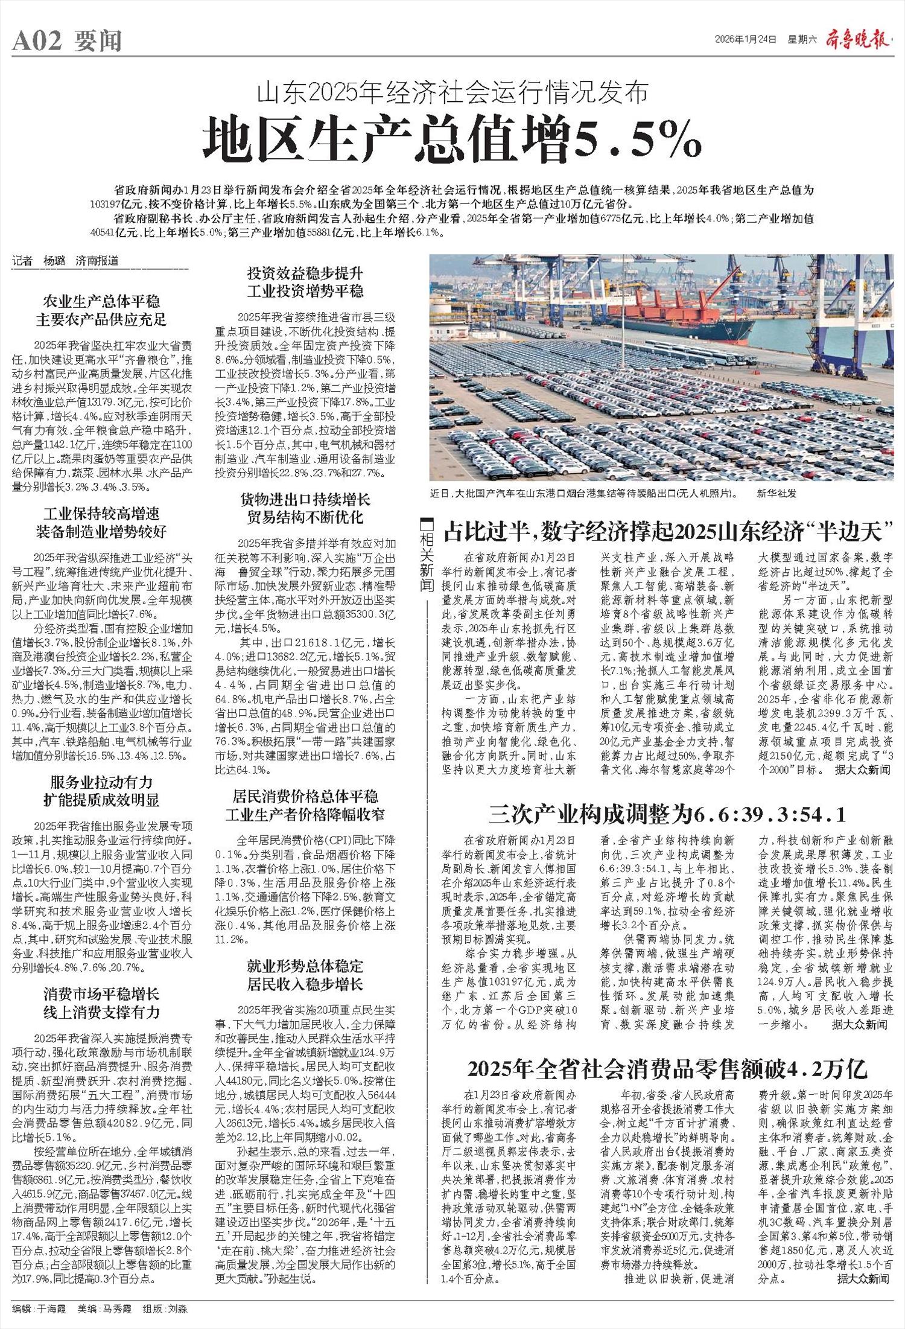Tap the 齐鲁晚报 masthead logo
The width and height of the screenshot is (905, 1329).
tap(858, 40)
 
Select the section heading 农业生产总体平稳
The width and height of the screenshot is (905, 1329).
tap(101, 301)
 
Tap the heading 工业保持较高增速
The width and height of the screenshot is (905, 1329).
tap(101, 514)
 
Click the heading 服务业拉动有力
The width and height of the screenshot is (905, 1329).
tap(101, 783)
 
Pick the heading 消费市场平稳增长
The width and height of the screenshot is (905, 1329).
tap(101, 994)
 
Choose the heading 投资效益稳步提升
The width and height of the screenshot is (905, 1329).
tap(305, 274)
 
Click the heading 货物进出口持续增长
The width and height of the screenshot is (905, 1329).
tap(305, 500)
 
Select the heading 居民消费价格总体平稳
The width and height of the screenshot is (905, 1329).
tap(305, 795)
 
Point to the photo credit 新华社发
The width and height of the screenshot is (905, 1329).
tap(777, 493)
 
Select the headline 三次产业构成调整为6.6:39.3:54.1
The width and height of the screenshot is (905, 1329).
tap(667, 815)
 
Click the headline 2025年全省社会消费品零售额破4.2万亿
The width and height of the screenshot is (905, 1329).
tap(667, 1069)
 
